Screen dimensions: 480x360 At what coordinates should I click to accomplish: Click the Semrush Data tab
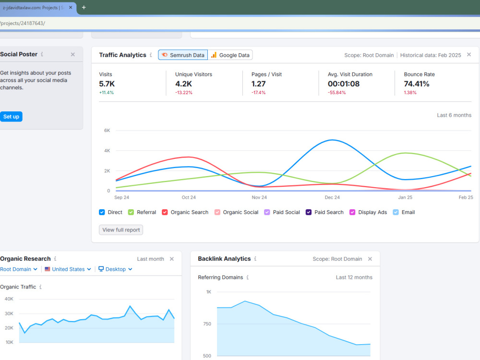click(x=183, y=55)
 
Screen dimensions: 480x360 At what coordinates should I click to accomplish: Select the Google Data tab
click(x=230, y=55)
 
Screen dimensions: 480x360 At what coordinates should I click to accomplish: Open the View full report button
click(x=121, y=230)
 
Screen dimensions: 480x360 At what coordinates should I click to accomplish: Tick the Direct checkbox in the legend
click(x=102, y=212)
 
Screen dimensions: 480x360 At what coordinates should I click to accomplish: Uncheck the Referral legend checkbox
click(x=131, y=212)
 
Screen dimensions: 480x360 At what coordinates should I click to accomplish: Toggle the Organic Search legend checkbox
click(x=165, y=212)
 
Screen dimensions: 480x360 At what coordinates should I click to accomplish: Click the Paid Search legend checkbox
click(x=309, y=212)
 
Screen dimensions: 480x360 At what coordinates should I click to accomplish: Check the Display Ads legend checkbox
click(x=352, y=212)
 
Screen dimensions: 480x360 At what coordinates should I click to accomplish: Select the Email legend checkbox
click(x=396, y=212)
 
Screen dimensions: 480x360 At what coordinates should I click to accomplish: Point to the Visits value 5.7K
click(x=107, y=84)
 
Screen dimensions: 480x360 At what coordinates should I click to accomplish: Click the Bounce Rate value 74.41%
click(x=417, y=84)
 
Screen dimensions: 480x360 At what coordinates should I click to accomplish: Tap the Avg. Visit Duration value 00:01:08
click(x=344, y=84)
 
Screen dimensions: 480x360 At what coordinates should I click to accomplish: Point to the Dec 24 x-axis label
click(x=332, y=197)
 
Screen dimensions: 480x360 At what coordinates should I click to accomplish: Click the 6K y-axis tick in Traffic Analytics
click(x=107, y=131)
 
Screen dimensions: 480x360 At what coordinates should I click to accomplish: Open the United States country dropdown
click(x=68, y=269)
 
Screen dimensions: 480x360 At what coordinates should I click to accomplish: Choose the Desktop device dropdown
click(x=115, y=269)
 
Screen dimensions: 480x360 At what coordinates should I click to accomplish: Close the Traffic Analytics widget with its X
click(x=469, y=55)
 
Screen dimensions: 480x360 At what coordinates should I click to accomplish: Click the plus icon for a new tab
click(x=84, y=7)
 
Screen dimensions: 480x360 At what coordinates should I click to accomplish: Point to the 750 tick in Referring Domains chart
click(x=207, y=324)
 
